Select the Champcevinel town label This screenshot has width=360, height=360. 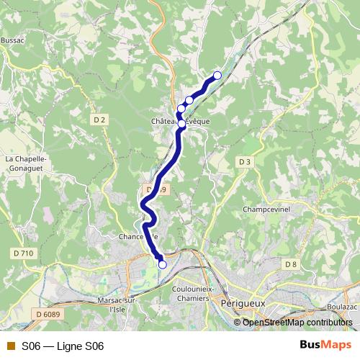tap(266, 210)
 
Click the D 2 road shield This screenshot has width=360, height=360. tap(99, 120)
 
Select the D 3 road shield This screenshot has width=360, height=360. tap(246, 161)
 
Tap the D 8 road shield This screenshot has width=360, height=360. tap(290, 265)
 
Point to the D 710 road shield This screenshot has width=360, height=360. tap(23, 253)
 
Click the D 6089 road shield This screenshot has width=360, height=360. tap(47, 313)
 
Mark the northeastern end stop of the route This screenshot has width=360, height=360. tap(217, 76)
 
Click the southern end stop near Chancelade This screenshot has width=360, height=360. tap(163, 264)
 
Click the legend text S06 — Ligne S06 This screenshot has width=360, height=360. tap(63, 346)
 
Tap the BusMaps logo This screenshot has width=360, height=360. tap(326, 346)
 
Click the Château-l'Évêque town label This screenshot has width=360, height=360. tap(181, 122)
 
